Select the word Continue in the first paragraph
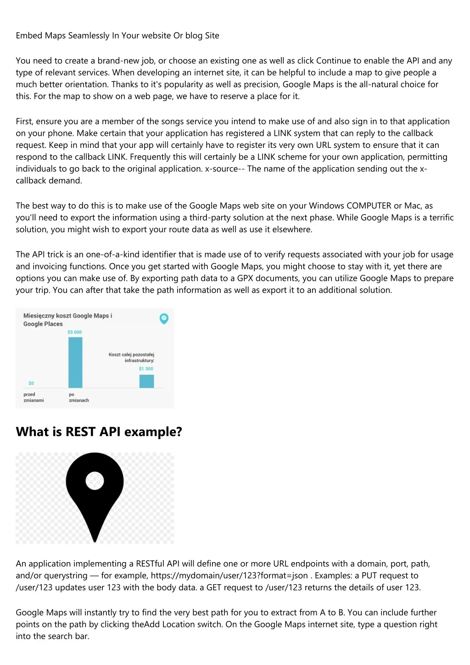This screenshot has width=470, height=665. pos(333,61)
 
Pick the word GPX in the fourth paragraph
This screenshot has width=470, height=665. pos(245,278)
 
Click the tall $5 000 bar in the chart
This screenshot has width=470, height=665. pos(75,363)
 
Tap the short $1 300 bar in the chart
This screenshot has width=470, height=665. pos(146,381)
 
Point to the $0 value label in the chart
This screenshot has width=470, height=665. pos(31,383)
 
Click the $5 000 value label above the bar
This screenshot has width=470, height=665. pos(75,332)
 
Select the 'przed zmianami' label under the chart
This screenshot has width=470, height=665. pos(34,397)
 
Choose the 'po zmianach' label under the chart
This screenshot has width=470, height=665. pos(78,397)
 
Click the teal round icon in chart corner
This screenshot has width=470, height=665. pos(163,318)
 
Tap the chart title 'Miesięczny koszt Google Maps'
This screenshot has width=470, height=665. pos(67,316)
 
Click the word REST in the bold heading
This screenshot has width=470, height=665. pos(81,432)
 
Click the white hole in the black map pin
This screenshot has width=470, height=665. pos(95,481)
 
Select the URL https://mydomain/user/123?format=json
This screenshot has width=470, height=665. pos(229,576)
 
